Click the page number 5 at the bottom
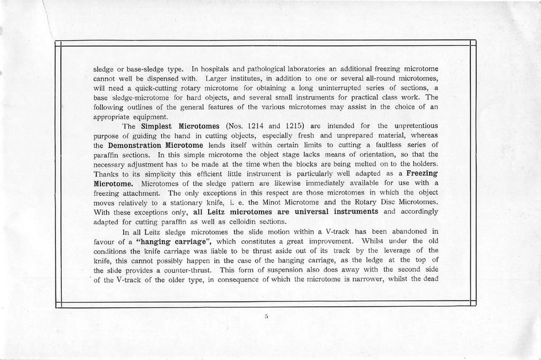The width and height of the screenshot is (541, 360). tap(267, 317)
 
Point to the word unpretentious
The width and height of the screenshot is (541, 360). tap(414, 126)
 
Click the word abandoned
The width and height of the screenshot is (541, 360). tap(409, 231)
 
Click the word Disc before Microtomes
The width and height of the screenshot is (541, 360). tap(380, 202)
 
